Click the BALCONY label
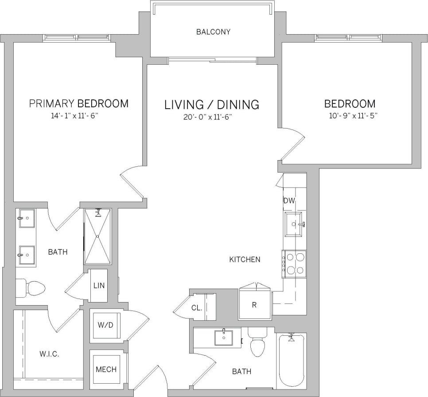point(213,32)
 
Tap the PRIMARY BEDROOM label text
point(78,104)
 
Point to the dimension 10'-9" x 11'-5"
point(350,116)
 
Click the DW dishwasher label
point(289,201)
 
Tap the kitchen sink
point(295,224)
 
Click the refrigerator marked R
point(254,305)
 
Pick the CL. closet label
point(197,308)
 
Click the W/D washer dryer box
point(105,325)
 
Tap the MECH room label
point(106,369)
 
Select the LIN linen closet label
point(98,285)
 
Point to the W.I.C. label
point(49,354)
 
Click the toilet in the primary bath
point(31,288)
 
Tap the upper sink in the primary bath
point(26,218)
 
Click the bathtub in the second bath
point(291,360)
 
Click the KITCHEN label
point(245,259)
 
